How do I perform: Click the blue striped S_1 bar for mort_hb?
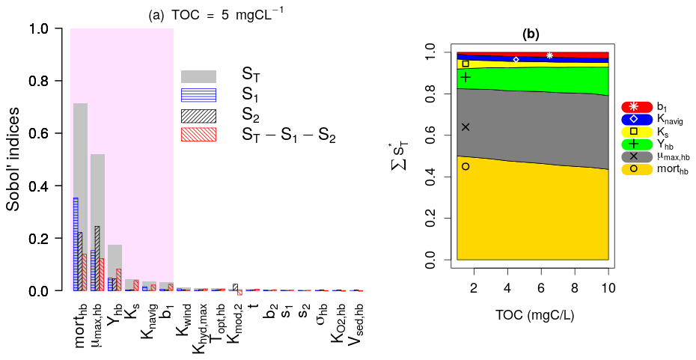pyautogui.click(x=76, y=244)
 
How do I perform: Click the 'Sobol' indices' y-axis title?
pyautogui.click(x=14, y=159)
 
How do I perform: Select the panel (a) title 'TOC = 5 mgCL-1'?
pyautogui.click(x=210, y=12)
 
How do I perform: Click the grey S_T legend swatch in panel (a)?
pyautogui.click(x=198, y=76)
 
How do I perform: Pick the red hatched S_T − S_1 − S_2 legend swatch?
pyautogui.click(x=198, y=135)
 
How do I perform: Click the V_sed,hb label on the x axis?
pyautogui.click(x=359, y=323)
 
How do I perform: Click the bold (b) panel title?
pyautogui.click(x=531, y=34)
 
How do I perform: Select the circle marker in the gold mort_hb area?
pyautogui.click(x=465, y=166)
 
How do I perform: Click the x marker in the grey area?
pyautogui.click(x=465, y=126)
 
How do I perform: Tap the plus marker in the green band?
pyautogui.click(x=465, y=77)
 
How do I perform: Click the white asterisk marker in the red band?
pyautogui.click(x=549, y=55)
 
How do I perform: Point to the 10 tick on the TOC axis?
pyautogui.click(x=608, y=290)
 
